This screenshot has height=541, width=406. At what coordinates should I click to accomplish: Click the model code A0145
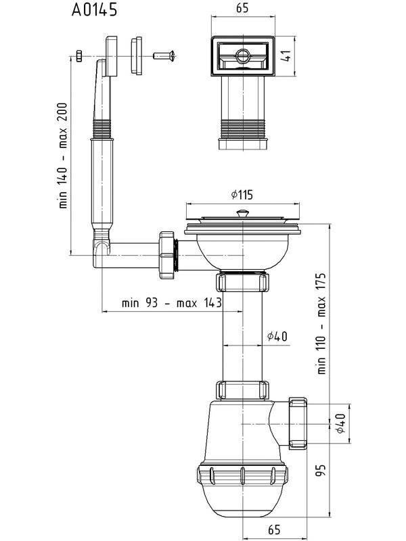(x=94, y=9)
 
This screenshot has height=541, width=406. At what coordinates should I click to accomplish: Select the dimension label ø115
(x=242, y=195)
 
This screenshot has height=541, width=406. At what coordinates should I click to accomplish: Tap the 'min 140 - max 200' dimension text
(x=63, y=156)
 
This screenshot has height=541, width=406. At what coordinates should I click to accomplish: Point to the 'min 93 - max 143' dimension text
(x=172, y=303)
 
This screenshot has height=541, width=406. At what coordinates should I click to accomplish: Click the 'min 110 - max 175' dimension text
(x=321, y=324)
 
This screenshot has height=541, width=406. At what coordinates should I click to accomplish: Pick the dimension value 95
(x=321, y=470)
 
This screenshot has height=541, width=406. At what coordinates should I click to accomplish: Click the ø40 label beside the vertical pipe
(x=277, y=335)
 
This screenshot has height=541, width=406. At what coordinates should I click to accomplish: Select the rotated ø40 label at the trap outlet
(x=340, y=423)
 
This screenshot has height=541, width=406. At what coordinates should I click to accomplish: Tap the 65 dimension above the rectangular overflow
(x=242, y=8)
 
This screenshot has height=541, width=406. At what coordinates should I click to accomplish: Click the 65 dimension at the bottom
(x=274, y=530)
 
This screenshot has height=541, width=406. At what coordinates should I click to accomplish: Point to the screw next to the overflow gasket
(x=164, y=55)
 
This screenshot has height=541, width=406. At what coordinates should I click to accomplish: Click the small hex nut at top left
(x=78, y=56)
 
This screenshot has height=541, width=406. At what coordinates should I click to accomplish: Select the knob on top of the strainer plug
(x=243, y=213)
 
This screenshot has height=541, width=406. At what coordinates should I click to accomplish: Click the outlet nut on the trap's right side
(x=298, y=423)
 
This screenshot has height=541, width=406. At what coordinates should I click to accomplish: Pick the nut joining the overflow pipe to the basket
(x=167, y=255)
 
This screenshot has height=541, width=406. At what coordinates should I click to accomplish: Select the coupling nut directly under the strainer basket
(x=242, y=281)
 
